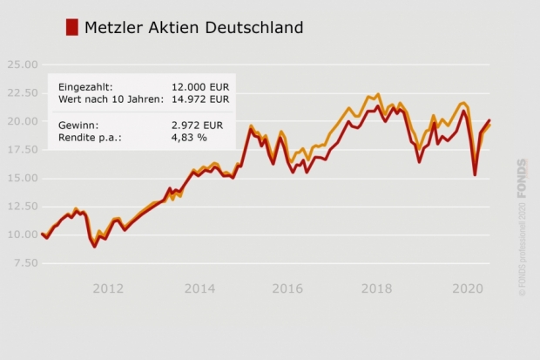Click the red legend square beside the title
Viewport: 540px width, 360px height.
(72, 27)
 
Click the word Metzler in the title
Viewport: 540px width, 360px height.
(113, 28)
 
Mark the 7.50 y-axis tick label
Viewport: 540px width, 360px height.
(24, 262)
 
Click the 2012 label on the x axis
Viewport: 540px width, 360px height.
(108, 289)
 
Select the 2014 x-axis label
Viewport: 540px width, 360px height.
(199, 289)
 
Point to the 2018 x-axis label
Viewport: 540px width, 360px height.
(376, 289)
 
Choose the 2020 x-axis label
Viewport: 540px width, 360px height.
(469, 289)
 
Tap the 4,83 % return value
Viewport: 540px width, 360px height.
(190, 137)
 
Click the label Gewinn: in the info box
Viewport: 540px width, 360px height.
(78, 125)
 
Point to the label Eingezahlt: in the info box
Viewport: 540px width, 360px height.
(85, 87)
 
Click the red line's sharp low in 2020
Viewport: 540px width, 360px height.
(475, 174)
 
